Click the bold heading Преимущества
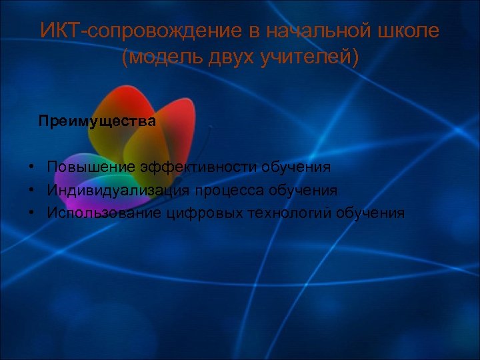[97, 121]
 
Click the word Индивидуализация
[118, 190]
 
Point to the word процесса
[229, 191]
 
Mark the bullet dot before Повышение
[31, 167]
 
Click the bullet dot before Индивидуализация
[31, 190]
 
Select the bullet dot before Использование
[31, 213]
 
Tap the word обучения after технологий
[371, 213]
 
